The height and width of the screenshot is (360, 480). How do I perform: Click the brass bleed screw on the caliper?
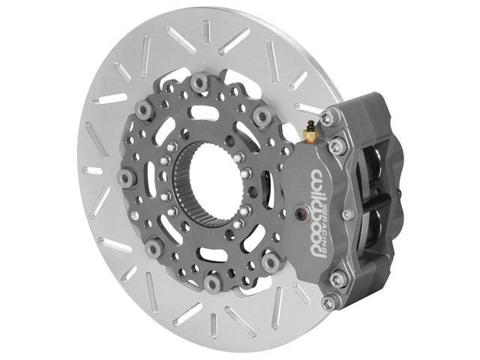point(311,133)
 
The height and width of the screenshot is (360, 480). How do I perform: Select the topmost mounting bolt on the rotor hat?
point(199,82)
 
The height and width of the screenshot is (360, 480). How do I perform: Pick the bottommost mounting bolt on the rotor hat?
point(213,283)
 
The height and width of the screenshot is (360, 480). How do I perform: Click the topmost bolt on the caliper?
point(327,118)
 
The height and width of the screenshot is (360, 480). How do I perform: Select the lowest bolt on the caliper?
point(328,302)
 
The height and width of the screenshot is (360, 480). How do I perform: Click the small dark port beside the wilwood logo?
point(303,214)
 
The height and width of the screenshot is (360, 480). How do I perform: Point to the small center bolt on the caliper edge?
point(346,214)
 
